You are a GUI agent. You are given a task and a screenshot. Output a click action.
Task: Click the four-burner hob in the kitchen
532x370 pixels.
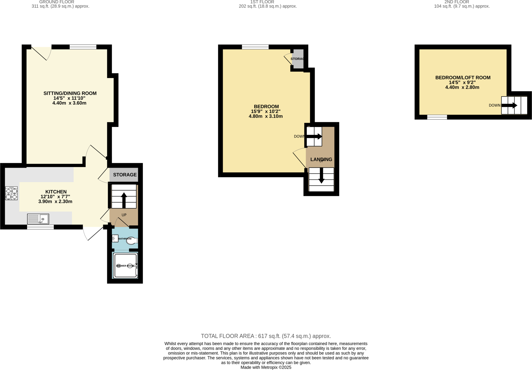pos(11,193)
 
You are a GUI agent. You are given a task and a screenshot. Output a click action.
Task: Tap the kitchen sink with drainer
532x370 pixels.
pos(38,219)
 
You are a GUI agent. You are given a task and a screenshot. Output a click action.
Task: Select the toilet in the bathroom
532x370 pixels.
pos(132,240)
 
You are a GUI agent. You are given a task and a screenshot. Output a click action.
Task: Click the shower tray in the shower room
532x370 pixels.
pos(126,265)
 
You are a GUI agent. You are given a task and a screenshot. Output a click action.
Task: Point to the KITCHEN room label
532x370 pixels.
pos(56,192)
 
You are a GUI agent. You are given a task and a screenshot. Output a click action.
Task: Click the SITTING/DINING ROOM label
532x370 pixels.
pos(70,93)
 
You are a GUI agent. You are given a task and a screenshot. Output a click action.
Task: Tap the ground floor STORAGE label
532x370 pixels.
pos(125,175)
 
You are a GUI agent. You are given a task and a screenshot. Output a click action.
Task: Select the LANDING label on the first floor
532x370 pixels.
pos(321,159)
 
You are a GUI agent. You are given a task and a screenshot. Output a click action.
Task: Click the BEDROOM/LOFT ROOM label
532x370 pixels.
pos(463,78)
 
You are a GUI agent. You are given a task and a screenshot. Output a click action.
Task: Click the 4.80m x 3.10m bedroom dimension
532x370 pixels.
pos(265,116)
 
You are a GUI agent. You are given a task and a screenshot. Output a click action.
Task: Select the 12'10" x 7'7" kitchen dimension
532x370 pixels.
pos(55,197)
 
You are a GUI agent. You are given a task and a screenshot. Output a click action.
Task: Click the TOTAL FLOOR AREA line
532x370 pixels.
pos(266,336)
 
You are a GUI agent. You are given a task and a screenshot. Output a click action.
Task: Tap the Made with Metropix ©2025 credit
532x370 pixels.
pos(266,367)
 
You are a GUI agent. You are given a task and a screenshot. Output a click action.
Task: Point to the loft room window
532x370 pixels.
pos(437,117)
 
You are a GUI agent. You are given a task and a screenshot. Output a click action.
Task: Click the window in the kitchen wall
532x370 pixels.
pos(40,227)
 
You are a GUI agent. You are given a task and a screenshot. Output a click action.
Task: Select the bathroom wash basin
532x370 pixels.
pos(115,238)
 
